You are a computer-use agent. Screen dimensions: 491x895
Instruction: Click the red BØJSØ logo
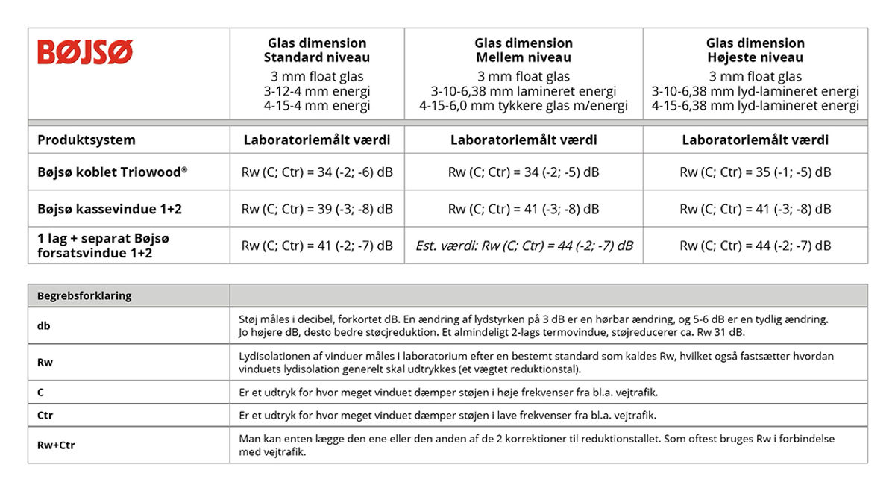[x=85, y=52]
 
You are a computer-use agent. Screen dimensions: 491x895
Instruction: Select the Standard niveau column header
[x=317, y=50]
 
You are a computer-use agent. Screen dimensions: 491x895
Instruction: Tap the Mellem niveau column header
[x=524, y=50]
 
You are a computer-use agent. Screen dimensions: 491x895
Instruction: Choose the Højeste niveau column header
[x=756, y=50]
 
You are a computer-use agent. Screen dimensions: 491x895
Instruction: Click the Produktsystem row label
[x=87, y=140]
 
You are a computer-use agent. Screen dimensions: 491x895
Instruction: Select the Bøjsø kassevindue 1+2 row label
[x=110, y=209]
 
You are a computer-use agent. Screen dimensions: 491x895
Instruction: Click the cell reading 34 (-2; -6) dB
[x=317, y=172]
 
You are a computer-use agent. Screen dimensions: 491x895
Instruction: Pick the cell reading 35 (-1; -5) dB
[x=756, y=172]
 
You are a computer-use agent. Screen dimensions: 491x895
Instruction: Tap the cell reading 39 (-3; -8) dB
[x=317, y=209]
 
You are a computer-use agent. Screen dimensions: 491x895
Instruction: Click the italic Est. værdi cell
[x=524, y=245]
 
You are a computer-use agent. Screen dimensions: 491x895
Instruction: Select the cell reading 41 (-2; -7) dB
[x=317, y=245]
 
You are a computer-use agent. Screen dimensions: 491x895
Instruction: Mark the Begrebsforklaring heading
[x=84, y=295]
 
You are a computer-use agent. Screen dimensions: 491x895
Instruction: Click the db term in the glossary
[x=44, y=326]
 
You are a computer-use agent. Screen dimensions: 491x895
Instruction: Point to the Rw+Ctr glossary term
[x=56, y=445]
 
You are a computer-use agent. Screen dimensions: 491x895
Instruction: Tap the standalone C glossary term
[x=41, y=393]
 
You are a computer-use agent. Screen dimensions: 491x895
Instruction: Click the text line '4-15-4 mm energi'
[x=317, y=106]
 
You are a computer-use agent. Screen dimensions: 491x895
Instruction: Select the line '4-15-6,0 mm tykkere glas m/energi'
[x=524, y=106]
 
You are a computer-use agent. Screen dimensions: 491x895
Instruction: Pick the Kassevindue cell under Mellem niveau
[x=524, y=209]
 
